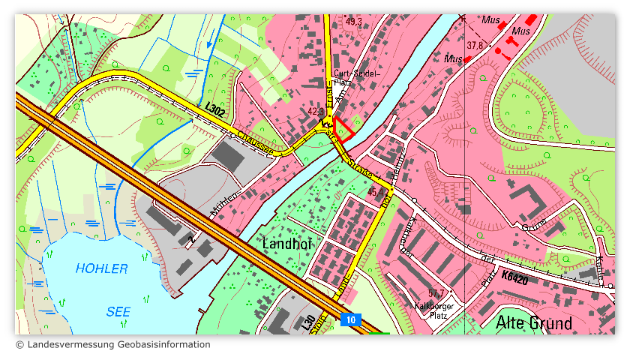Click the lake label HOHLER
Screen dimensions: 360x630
pyautogui.click(x=101, y=268)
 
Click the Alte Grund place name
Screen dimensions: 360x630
pyautogui.click(x=534, y=323)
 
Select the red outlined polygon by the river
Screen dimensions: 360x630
pyautogui.click(x=343, y=129)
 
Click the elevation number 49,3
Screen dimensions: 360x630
pyautogui.click(x=353, y=22)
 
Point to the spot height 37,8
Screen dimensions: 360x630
pyautogui.click(x=474, y=46)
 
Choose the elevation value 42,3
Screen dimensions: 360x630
pyautogui.click(x=316, y=112)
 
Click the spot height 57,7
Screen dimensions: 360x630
pyautogui.click(x=436, y=293)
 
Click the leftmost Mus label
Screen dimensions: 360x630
pyautogui.click(x=452, y=58)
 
